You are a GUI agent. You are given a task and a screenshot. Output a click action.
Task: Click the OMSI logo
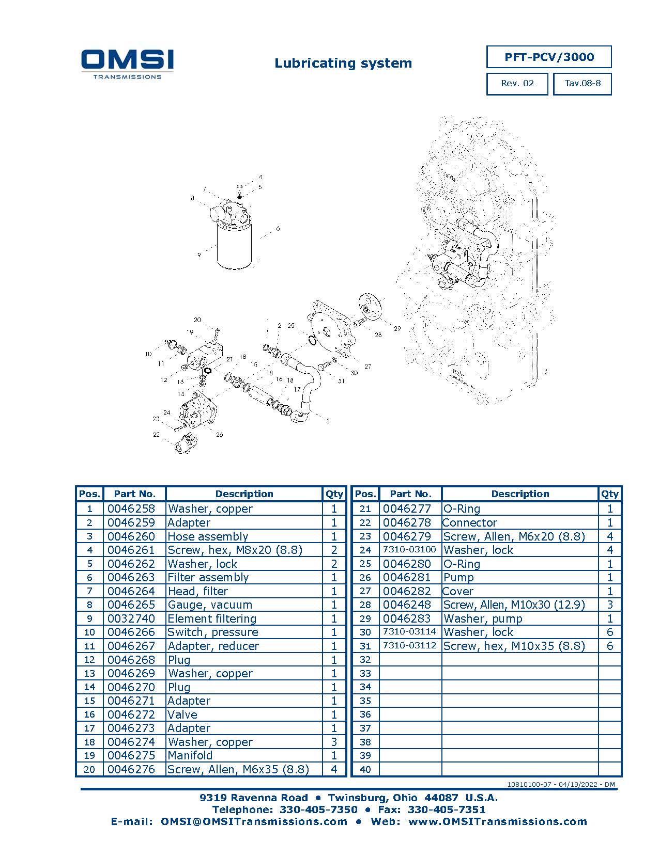(127, 65)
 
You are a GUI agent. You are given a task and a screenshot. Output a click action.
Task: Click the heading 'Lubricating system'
(343, 63)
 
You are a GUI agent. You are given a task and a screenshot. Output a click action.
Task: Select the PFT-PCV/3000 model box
(549, 57)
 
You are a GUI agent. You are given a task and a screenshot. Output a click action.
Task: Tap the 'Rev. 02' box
(517, 84)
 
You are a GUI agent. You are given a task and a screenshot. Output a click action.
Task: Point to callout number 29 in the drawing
(397, 328)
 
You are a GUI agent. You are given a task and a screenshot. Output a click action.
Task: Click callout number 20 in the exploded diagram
(197, 320)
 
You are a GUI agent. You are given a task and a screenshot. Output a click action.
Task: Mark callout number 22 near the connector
(156, 434)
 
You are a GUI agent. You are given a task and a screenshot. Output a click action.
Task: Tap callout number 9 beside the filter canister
(199, 255)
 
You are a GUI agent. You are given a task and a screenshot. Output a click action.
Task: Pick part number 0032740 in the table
(131, 618)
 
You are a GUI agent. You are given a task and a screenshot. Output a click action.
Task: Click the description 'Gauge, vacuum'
(209, 605)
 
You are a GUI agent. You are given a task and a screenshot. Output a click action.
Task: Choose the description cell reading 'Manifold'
(190, 755)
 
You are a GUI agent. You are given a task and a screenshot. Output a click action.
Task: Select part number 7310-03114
(409, 632)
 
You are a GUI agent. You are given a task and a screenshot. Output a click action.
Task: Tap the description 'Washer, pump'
(482, 619)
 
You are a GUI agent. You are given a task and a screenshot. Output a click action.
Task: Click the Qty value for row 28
(609, 605)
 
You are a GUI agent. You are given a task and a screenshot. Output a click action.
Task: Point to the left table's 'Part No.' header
(135, 494)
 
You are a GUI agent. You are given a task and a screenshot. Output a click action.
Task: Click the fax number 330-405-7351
(447, 809)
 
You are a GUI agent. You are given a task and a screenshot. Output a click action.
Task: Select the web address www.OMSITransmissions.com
(498, 822)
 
